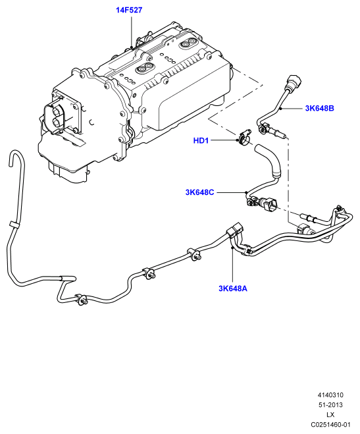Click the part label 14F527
coord(129,11)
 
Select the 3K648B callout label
coord(319,108)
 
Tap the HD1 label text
coord(201,141)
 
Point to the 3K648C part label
coord(199,192)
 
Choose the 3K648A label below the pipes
coord(233,288)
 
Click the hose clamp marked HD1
coord(244,137)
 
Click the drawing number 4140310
coord(330,395)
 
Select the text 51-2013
coord(330,404)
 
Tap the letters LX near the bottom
coord(330,415)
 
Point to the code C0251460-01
coord(330,425)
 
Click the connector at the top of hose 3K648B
coord(294,81)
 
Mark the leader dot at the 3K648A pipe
coord(232,248)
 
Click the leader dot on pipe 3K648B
coord(280,109)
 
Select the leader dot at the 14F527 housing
coord(132,47)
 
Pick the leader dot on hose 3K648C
coord(245,192)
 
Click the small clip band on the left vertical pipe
coord(14,224)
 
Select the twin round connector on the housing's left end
coord(55,117)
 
